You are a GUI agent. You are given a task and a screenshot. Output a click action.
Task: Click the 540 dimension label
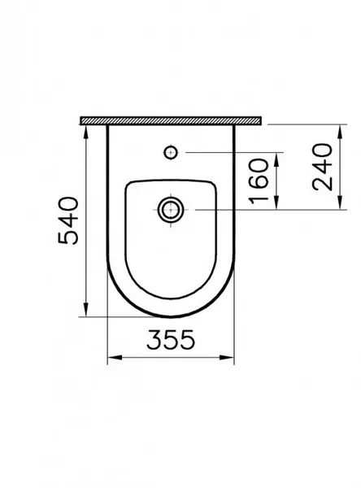[x=68, y=220]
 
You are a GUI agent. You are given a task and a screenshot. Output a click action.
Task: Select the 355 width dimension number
[x=171, y=339]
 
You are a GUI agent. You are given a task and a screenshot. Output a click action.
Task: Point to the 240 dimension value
[x=322, y=167]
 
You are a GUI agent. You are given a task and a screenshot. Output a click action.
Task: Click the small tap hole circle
[x=171, y=153]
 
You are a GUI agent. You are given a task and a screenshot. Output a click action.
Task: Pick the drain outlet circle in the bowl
[x=171, y=210]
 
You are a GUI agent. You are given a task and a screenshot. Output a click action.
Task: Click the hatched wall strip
[x=171, y=120]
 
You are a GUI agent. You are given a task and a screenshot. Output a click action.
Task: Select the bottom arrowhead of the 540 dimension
[x=86, y=310]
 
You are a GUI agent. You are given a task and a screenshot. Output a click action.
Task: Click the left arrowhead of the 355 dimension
[x=114, y=357]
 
